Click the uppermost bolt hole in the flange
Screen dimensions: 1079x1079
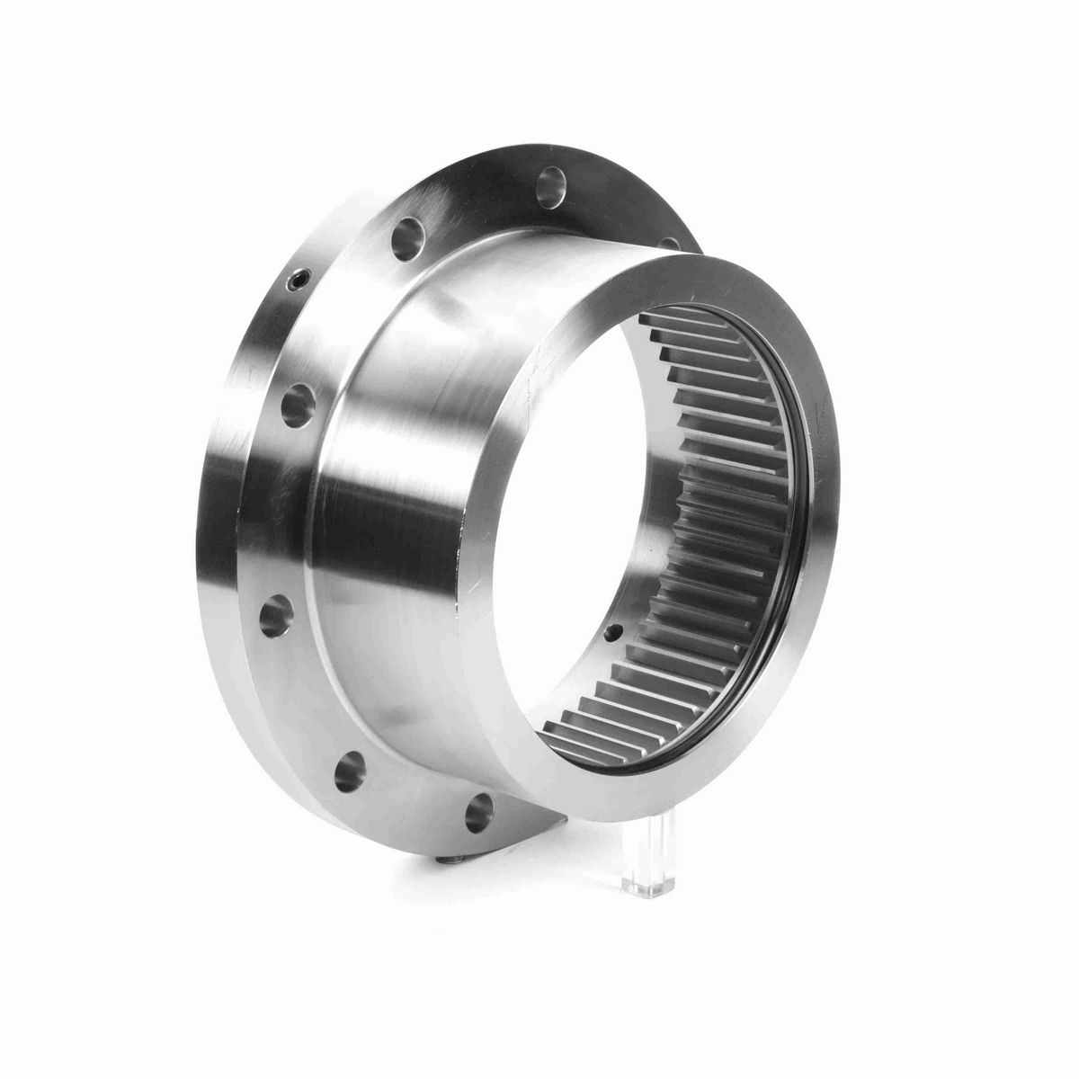548,191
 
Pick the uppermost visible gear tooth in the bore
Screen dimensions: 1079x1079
665,320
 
